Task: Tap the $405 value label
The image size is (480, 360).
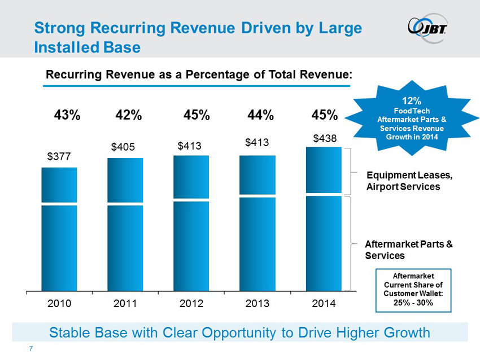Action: tap(123, 147)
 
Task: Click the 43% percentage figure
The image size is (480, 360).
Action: tap(67, 115)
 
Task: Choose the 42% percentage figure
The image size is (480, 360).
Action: tap(128, 115)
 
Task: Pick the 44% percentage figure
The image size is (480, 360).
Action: tap(260, 115)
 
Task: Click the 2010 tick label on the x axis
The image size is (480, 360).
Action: tap(59, 304)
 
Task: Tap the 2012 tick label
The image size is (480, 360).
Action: tap(191, 304)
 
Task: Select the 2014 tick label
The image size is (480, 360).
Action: tap(324, 304)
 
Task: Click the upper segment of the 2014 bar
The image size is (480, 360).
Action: tap(324, 170)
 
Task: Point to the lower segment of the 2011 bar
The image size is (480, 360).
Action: tap(125, 248)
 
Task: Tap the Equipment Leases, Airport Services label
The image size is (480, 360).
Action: tap(409, 181)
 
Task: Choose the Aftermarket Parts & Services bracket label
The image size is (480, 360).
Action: tap(409, 249)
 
